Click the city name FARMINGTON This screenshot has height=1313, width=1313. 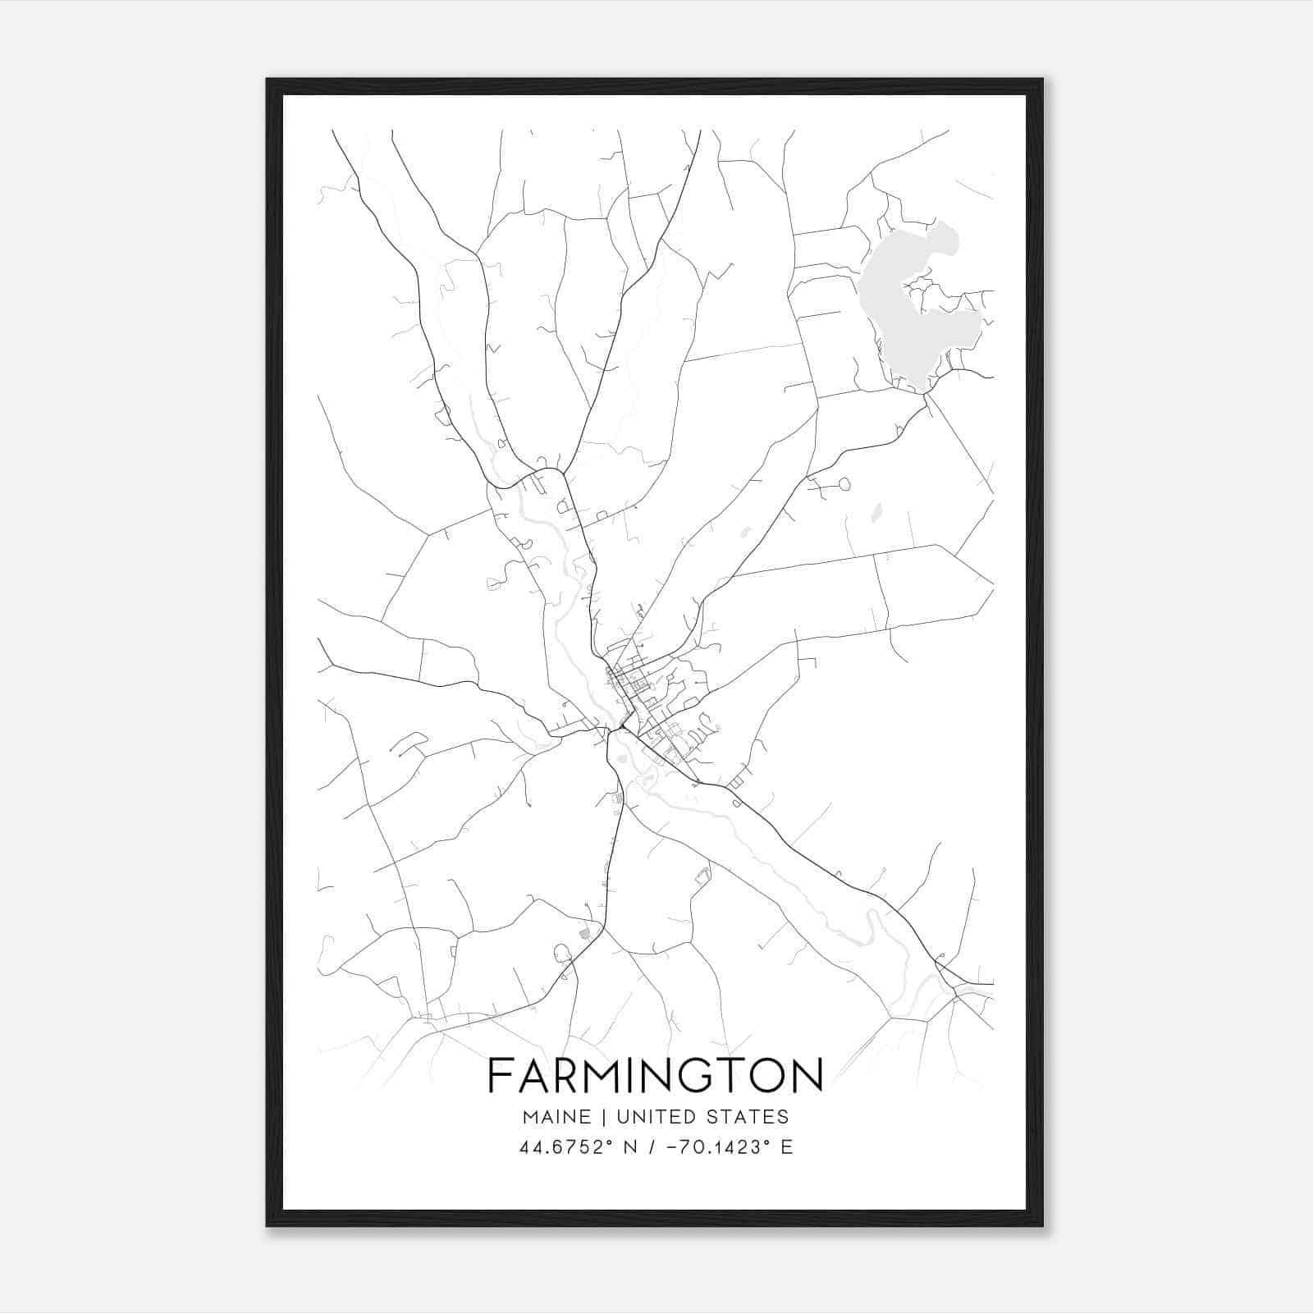point(656,1075)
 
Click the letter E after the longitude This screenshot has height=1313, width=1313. point(786,1147)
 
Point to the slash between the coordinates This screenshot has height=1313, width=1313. point(652,1147)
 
